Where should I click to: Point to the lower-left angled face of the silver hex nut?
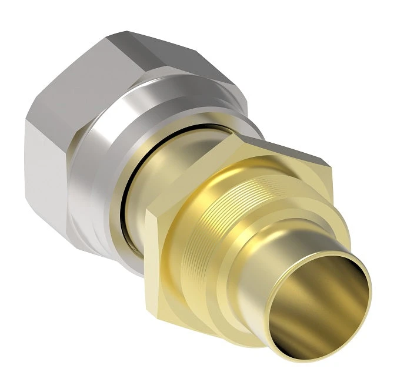pyautogui.click(x=88, y=229)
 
